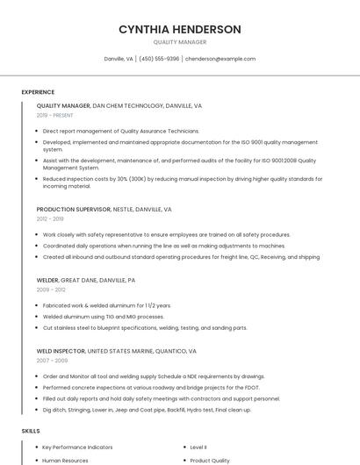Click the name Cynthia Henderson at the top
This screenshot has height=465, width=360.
point(179,29)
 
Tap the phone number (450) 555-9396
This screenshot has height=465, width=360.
point(159,59)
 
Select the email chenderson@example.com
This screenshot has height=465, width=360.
point(220,59)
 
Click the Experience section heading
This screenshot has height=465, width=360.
point(38,92)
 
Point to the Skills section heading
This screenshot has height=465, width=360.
point(31,431)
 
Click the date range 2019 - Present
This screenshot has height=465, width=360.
point(55,115)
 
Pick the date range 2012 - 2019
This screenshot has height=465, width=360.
point(50,219)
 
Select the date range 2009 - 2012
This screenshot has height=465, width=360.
point(51,289)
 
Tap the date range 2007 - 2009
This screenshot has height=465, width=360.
point(52,360)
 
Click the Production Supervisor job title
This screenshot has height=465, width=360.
point(74,210)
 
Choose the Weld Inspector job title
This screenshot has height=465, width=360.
point(61,351)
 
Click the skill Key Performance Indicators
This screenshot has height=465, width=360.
point(76,447)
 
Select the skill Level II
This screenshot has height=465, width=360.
point(198,447)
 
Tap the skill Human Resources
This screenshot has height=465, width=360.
point(65,460)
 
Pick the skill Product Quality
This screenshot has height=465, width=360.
point(210,460)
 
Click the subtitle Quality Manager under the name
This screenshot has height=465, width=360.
point(179,42)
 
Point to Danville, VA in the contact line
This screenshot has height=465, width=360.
point(119,59)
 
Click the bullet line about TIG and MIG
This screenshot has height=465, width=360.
point(104,317)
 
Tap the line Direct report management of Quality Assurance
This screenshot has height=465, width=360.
point(121,131)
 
